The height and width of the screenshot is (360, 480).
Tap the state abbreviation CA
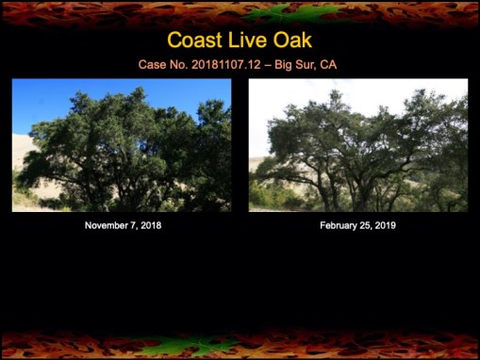(329, 65)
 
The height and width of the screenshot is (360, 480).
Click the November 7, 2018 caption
(122, 226)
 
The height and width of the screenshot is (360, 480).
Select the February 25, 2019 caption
(357, 226)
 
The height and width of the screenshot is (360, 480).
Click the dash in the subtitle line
(271, 65)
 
